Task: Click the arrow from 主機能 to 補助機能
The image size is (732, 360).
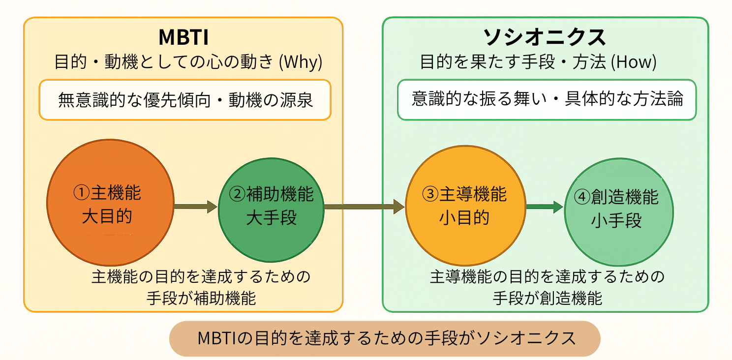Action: tap(195, 207)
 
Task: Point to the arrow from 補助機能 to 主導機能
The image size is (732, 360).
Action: tap(364, 207)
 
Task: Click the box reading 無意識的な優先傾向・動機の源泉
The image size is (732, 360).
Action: tap(185, 100)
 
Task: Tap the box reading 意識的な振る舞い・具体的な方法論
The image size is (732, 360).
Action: tap(547, 99)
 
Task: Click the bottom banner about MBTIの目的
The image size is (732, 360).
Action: tap(385, 338)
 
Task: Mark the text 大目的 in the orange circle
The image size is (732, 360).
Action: tap(107, 216)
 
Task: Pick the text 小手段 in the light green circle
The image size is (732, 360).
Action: tap(617, 221)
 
